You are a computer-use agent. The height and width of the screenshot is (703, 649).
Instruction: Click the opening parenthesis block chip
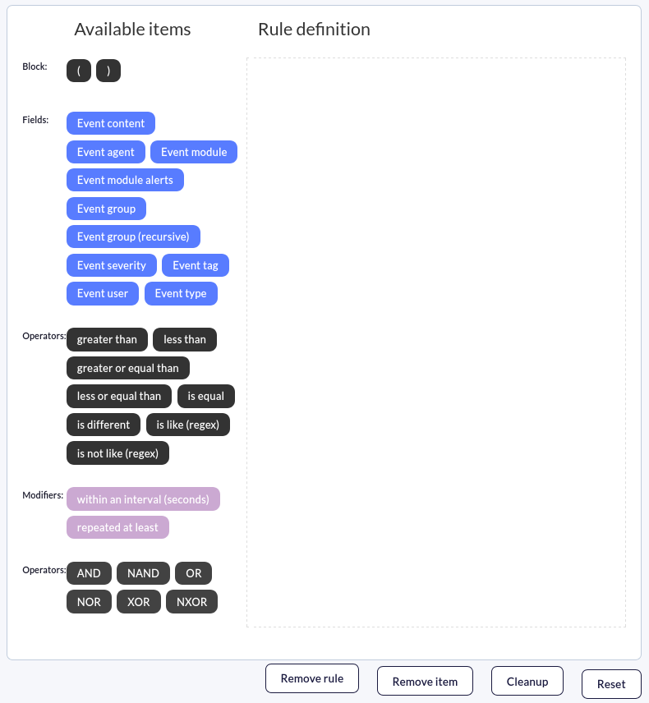(79, 71)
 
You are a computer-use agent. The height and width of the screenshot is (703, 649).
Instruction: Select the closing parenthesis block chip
(108, 71)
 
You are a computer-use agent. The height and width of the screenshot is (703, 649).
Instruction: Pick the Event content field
(111, 123)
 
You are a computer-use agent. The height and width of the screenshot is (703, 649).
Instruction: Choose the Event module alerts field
(125, 180)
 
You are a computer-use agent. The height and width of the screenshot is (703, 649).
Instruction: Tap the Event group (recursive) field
(133, 237)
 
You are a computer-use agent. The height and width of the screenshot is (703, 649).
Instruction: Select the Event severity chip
(112, 265)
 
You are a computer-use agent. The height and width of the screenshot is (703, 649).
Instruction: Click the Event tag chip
(196, 265)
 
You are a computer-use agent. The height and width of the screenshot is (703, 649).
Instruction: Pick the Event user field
(103, 294)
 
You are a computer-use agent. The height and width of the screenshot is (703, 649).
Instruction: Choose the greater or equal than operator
(128, 368)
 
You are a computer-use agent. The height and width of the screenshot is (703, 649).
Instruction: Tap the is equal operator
(206, 397)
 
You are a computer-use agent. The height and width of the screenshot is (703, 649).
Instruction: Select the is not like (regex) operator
(118, 453)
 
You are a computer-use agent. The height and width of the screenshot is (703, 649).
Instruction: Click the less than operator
(185, 339)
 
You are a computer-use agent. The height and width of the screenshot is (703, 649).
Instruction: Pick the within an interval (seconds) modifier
(144, 499)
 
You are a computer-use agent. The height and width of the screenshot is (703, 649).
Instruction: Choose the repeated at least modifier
(118, 527)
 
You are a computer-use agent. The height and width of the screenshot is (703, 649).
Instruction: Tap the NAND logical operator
(143, 573)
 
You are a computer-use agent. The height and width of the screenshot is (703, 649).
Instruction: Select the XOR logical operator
(139, 602)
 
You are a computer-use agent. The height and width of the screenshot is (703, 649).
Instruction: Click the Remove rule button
(312, 678)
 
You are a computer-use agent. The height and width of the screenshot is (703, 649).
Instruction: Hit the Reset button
(611, 684)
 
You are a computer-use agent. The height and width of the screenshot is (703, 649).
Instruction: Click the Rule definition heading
(314, 29)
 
